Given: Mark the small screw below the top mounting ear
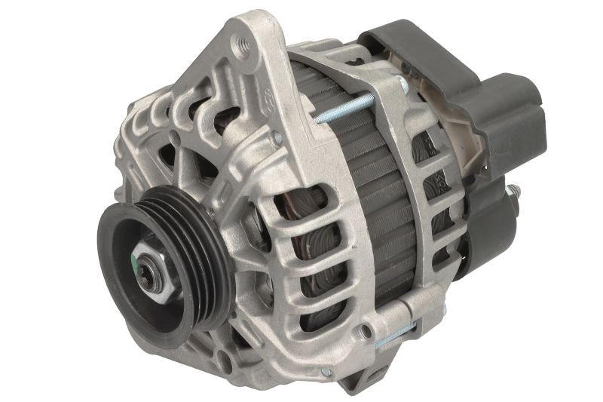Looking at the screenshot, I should click(x=278, y=138).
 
